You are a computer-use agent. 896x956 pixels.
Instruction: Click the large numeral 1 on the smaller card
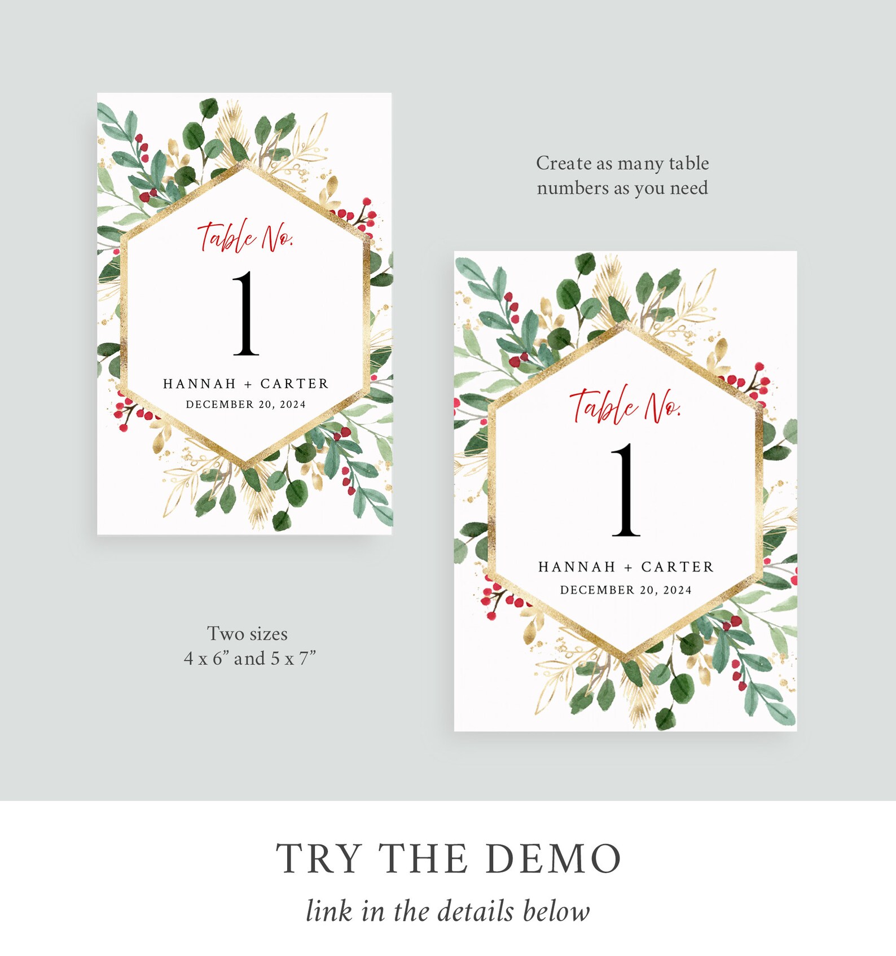click(247, 314)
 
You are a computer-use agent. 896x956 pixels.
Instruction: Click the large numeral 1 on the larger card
click(626, 490)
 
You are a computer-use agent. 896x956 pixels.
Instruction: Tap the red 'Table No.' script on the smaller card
click(245, 237)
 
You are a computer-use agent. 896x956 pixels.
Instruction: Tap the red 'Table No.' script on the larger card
click(625, 405)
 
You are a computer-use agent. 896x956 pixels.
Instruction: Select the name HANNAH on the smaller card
click(199, 384)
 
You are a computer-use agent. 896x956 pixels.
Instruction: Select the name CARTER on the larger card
click(678, 567)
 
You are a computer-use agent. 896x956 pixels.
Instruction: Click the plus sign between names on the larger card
click(628, 568)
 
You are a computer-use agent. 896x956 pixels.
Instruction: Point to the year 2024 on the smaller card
click(293, 405)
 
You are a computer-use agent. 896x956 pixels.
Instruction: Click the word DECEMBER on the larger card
click(597, 590)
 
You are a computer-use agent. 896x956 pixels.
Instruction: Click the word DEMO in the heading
click(553, 859)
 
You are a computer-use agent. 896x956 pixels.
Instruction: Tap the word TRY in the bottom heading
click(319, 859)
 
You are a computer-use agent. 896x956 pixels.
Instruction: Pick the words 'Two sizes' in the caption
click(247, 634)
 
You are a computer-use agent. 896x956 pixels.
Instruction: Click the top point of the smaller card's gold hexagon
click(246, 164)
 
